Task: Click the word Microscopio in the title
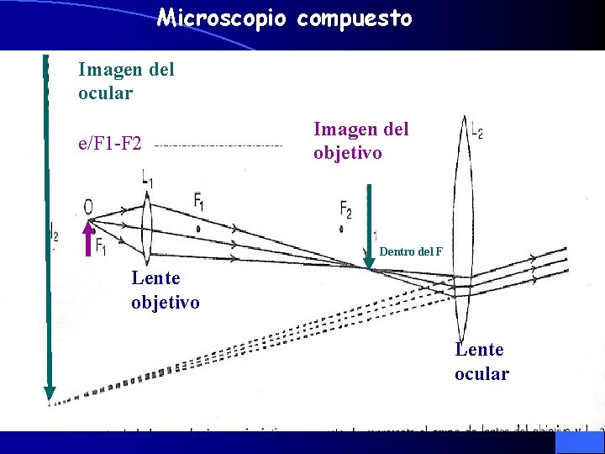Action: pos(223,18)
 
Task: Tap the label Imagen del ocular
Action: pos(126,81)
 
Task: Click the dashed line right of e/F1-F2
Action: pos(218,145)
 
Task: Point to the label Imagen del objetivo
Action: pos(361,140)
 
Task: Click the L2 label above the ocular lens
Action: pos(476,130)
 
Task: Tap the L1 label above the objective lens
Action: pos(148,178)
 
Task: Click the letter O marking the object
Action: pos(88,207)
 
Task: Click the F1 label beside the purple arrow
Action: pos(100,245)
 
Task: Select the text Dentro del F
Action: pos(411,251)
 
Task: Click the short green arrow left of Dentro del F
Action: pos(369,225)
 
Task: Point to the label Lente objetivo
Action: pos(166,289)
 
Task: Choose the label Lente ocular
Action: pos(481,362)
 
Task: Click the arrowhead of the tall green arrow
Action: pos(50,392)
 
